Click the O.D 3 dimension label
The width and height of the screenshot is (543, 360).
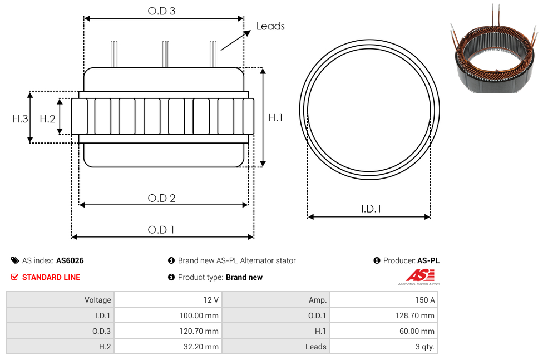tap(161, 11)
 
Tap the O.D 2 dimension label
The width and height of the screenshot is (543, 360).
tap(161, 198)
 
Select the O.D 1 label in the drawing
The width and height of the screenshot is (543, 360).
tap(161, 230)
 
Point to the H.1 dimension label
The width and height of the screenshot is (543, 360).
tap(275, 117)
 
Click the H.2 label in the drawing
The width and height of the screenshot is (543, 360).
tap(47, 119)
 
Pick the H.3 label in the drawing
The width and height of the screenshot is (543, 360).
tap(20, 119)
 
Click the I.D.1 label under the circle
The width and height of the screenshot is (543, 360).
tap(371, 209)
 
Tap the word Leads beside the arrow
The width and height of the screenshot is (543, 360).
tap(270, 26)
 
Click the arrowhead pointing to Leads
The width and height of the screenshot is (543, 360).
tap(247, 33)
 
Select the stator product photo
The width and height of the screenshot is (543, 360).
tap(494, 49)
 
